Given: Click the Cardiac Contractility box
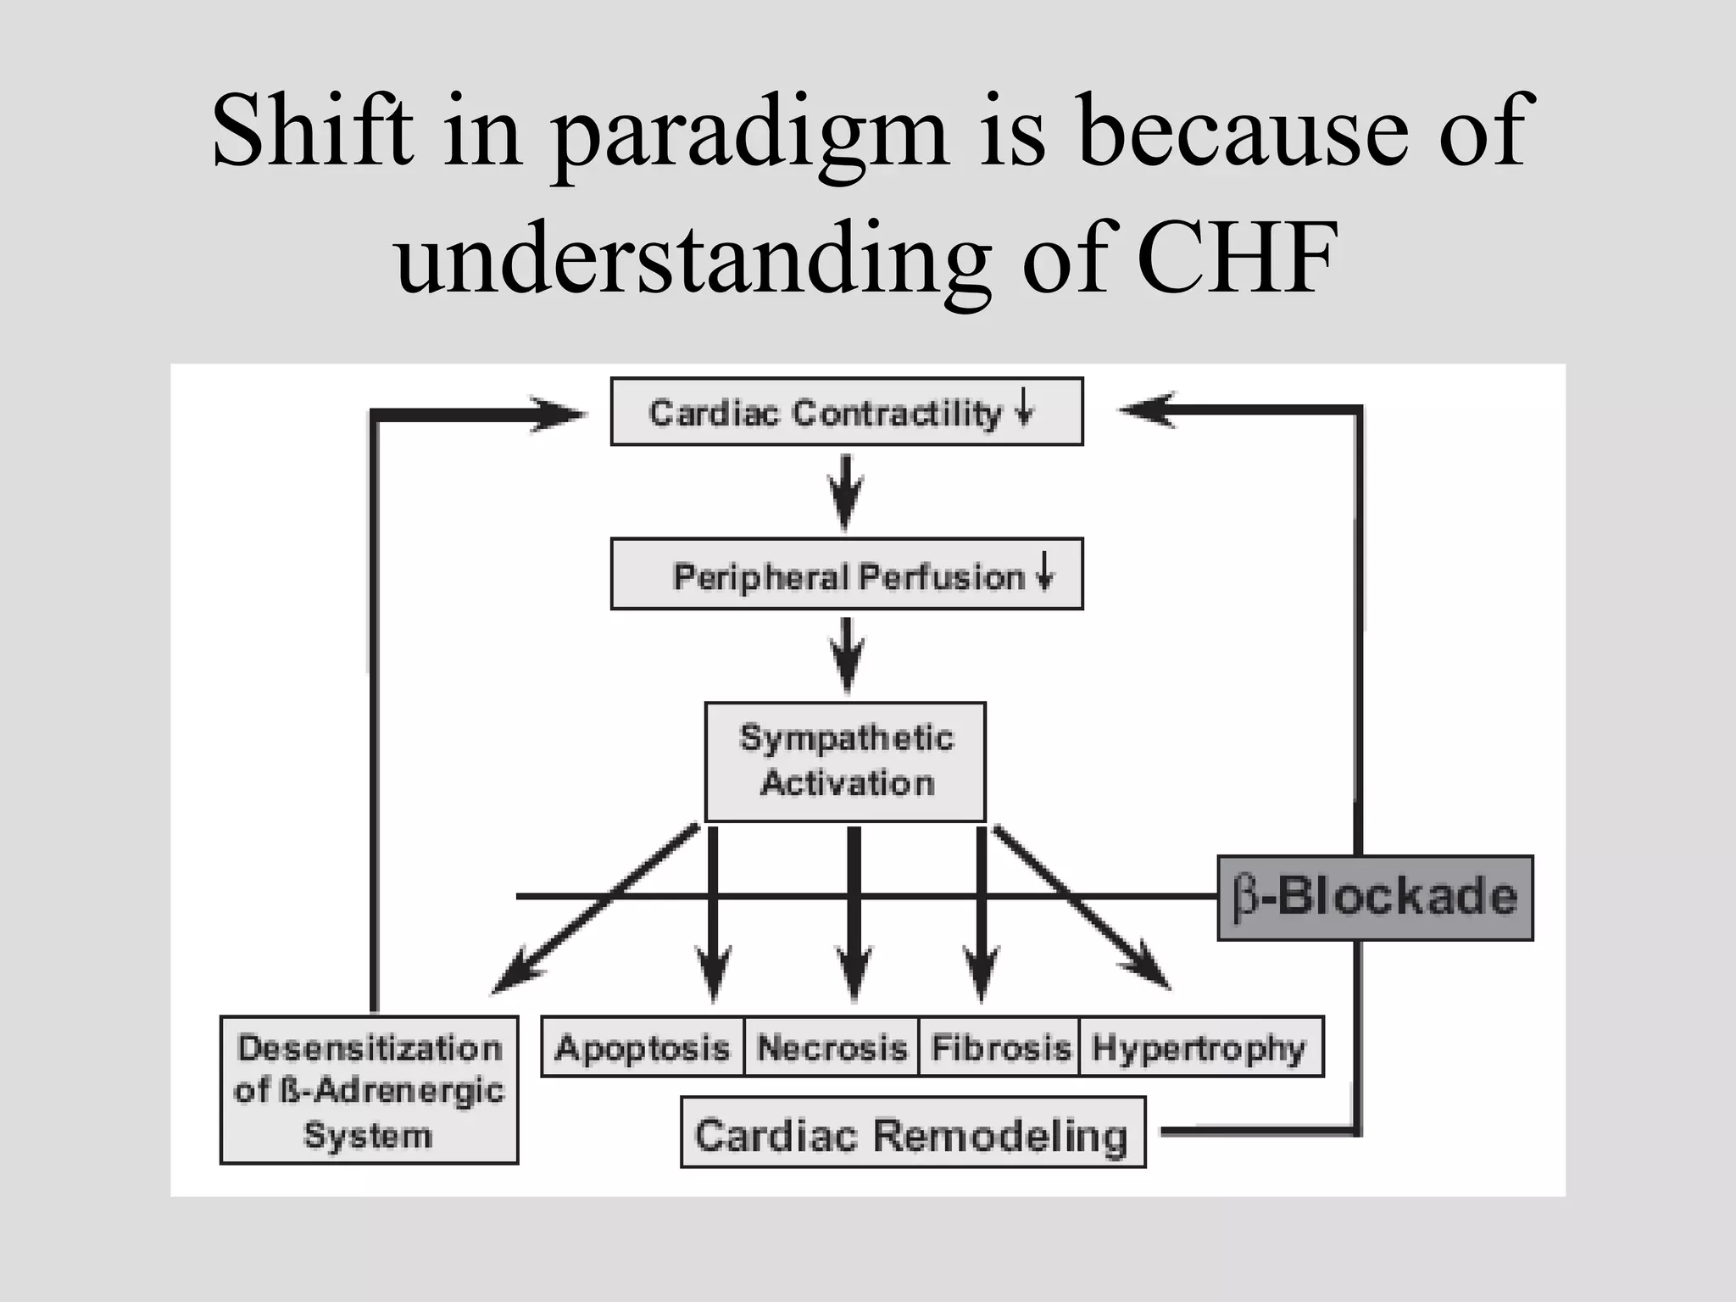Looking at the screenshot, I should (846, 412).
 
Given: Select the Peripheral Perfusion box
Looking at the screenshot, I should (846, 575).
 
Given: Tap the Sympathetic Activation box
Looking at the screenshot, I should (845, 761).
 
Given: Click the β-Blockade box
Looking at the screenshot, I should (1375, 898).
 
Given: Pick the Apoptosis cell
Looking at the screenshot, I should (643, 1048).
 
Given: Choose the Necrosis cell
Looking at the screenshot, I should (832, 1048).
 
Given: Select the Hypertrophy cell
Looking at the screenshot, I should (1199, 1048).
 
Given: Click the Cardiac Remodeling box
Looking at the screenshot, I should (912, 1133).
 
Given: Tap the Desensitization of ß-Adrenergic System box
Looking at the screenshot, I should (369, 1090).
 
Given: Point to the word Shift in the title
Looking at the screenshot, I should (313, 131).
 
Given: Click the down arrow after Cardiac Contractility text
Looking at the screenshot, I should (1025, 407).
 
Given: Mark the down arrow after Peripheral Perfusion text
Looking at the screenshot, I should (1045, 570).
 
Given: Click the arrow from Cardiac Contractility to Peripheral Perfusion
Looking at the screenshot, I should (845, 492).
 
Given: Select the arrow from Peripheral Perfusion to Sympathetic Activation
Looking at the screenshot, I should (846, 655).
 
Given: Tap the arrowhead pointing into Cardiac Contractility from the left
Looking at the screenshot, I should (559, 413).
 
